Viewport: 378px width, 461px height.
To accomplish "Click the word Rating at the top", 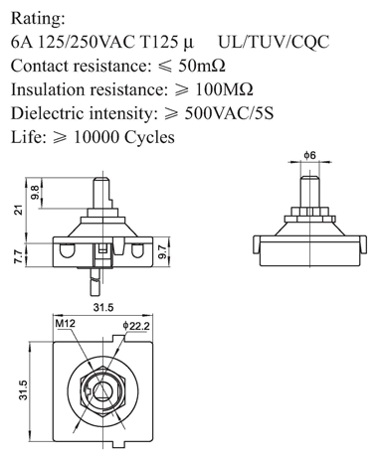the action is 38,19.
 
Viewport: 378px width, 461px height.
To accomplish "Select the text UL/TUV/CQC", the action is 274,42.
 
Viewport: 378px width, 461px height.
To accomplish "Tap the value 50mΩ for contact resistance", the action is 202,66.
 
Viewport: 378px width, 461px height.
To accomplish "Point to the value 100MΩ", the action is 225,89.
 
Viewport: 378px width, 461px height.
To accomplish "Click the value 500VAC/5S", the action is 229,113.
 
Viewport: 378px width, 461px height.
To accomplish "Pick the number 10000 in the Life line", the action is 95,137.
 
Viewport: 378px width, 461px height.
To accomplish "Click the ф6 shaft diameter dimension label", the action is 310,155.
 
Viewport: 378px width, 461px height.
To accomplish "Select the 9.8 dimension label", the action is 35,193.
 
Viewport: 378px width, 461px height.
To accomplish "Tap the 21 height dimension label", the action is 19,210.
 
